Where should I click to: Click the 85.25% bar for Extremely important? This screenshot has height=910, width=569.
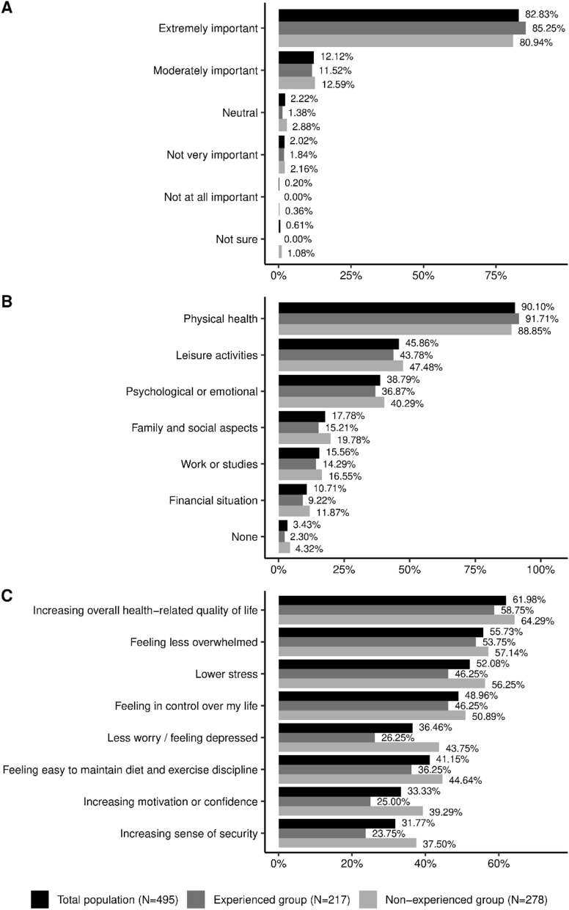[x=402, y=28]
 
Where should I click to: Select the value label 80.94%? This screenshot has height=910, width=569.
[x=536, y=43]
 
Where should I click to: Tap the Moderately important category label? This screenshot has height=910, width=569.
[x=205, y=70]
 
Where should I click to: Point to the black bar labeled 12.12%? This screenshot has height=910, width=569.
[x=295, y=57]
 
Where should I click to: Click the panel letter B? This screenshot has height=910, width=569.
[x=7, y=302]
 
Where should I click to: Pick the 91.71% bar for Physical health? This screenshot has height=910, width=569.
[x=399, y=319]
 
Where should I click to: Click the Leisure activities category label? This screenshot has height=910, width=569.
[x=217, y=355]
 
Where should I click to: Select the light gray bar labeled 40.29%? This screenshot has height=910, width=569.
[x=331, y=403]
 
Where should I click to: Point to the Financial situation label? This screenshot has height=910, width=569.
[x=213, y=500]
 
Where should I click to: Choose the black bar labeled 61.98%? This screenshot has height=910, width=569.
[x=392, y=600]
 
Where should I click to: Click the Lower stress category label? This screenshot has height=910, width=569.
[x=227, y=674]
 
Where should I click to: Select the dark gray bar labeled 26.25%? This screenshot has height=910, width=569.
[x=327, y=738]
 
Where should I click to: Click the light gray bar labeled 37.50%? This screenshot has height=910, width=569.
[x=348, y=843]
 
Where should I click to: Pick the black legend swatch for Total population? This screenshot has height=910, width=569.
[x=40, y=900]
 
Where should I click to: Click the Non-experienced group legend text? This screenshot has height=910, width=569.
[x=466, y=900]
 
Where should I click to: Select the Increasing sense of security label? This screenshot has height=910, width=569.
[x=188, y=834]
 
